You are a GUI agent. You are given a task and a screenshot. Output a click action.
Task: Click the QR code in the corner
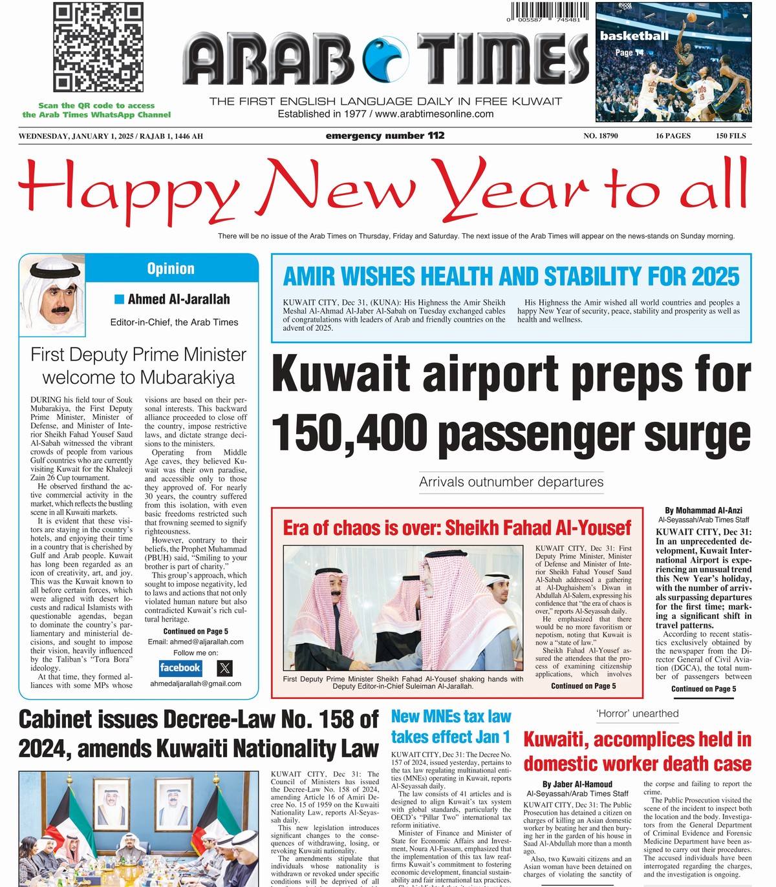click(98, 48)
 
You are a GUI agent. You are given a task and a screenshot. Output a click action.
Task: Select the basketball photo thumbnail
click(673, 62)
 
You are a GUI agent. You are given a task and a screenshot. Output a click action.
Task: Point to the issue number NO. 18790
click(601, 136)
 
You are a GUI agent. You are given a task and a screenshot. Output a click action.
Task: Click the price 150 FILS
click(731, 136)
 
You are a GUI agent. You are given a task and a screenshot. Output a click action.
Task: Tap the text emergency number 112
click(385, 136)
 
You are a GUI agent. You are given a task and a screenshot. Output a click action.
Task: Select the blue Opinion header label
click(171, 269)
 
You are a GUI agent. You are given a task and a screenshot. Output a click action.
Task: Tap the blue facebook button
click(180, 668)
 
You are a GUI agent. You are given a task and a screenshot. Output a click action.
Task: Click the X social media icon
click(224, 668)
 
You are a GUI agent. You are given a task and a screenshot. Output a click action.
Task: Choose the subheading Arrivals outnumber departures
click(511, 482)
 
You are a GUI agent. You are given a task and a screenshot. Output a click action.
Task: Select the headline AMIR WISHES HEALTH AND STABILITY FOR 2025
click(511, 277)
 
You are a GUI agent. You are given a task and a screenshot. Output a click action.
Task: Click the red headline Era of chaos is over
click(457, 528)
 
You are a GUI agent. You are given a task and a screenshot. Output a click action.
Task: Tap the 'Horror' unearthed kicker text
click(637, 713)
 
